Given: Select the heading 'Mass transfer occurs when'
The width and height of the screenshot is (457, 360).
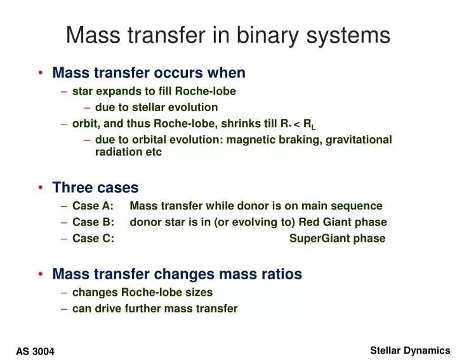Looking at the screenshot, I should [149, 73].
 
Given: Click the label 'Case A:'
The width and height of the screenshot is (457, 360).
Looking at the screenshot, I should [93, 206].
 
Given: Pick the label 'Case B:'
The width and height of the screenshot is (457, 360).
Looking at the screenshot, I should [93, 222].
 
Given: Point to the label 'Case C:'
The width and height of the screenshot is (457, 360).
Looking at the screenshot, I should [93, 239].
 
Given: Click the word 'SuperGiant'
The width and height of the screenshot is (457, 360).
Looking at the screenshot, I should [315, 239].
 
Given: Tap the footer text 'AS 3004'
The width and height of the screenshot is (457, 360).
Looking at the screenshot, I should [35, 351].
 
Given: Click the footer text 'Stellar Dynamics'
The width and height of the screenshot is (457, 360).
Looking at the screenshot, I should [409, 350].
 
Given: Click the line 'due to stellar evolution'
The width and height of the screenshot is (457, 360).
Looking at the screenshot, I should [156, 107].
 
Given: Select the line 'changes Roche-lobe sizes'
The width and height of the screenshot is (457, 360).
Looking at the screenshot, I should [142, 292].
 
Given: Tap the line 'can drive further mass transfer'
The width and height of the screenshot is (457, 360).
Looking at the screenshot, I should [155, 309].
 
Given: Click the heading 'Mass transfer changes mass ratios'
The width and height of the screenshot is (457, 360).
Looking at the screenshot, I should [177, 274].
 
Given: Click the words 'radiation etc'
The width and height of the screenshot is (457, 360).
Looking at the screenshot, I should [128, 152].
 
